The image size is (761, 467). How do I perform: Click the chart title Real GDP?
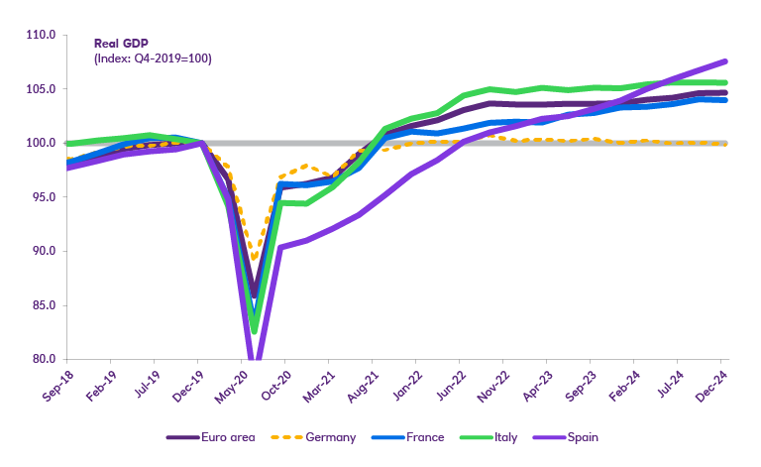pyautogui.click(x=121, y=45)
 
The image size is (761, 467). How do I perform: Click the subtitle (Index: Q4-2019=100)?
pyautogui.click(x=153, y=58)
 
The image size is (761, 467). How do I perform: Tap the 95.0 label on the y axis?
pyautogui.click(x=42, y=197)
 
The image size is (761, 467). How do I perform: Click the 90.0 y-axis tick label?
pyautogui.click(x=42, y=251)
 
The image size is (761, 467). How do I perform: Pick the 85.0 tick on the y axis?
pyautogui.click(x=42, y=305)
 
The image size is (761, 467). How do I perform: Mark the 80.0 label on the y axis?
pyautogui.click(x=42, y=359)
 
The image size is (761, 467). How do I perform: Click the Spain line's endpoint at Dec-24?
pyautogui.click(x=725, y=61)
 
